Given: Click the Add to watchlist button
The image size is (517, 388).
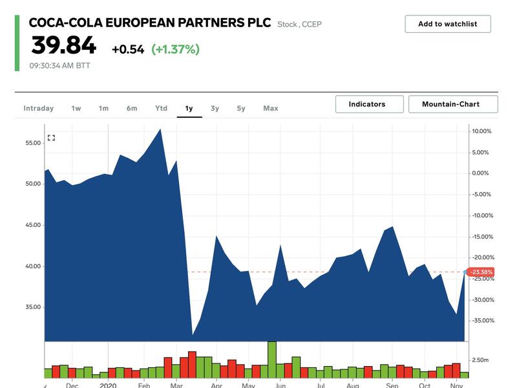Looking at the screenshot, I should click(x=447, y=24).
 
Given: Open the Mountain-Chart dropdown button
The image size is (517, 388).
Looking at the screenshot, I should click(x=453, y=104).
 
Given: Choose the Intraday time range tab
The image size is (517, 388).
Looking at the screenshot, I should click(x=39, y=108).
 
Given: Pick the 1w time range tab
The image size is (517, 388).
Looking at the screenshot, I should click(x=76, y=108).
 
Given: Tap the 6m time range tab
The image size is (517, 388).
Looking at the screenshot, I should click(x=132, y=108).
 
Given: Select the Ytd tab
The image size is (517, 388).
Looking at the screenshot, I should click(x=161, y=108).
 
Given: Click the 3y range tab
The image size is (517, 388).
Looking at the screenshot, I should click(x=215, y=108).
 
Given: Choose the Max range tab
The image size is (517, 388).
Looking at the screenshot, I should click(x=271, y=108).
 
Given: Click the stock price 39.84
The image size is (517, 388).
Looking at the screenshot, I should click(x=64, y=46).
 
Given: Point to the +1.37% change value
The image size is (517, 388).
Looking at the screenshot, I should click(x=175, y=49).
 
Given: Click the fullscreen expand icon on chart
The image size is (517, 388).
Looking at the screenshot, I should click(x=52, y=138).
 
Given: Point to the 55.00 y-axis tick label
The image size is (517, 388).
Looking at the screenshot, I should click(x=32, y=142).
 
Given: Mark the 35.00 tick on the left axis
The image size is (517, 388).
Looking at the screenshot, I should click(x=32, y=307).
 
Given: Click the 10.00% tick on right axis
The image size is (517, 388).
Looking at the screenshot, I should click(x=482, y=131).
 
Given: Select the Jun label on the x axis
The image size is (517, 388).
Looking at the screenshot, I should click(x=280, y=386).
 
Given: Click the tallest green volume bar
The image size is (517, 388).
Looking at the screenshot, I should click(x=272, y=360).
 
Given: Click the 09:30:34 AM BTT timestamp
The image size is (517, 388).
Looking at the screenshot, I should click(x=59, y=65).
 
